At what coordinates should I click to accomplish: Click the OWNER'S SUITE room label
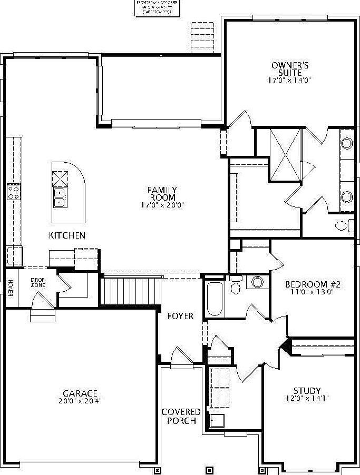(x=286, y=68)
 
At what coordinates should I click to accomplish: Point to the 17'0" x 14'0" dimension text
(x=289, y=81)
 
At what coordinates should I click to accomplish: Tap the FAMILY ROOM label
(x=162, y=194)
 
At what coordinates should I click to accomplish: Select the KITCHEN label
(x=67, y=235)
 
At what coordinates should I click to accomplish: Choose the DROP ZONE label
(x=37, y=282)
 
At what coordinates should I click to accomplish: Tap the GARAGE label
(x=80, y=393)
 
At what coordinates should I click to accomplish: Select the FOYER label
(x=180, y=316)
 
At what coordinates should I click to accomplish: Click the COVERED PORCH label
(x=181, y=416)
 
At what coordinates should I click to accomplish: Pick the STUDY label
(x=307, y=391)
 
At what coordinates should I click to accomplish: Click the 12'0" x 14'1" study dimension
(x=307, y=398)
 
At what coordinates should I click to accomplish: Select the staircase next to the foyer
(x=130, y=291)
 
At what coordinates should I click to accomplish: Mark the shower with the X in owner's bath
(x=285, y=154)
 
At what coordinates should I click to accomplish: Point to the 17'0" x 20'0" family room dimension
(x=162, y=205)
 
